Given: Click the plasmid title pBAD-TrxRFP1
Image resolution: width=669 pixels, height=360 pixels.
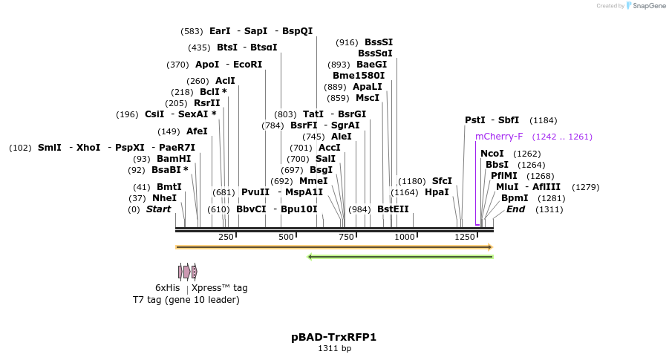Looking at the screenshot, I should (334, 337).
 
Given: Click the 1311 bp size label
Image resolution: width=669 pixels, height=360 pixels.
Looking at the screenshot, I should (334, 349).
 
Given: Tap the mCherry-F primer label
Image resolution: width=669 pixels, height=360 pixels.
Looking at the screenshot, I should (499, 137).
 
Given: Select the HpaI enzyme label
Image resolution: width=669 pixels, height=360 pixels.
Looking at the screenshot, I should (437, 192).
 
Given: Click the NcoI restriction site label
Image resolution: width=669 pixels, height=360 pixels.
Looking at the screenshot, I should (492, 154).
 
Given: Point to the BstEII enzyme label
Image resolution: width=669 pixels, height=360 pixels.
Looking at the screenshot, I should (393, 209).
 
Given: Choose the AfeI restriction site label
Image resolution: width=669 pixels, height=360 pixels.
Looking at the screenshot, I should (197, 131).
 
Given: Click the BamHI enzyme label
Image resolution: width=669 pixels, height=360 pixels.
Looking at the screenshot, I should (173, 159).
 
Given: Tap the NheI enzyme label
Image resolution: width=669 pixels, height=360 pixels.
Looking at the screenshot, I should (164, 198).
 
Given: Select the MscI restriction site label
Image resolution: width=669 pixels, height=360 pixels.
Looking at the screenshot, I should (367, 98).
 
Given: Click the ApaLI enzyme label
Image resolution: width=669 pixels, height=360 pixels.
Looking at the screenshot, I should (367, 87).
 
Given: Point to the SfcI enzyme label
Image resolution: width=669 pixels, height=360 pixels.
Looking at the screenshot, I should (442, 181).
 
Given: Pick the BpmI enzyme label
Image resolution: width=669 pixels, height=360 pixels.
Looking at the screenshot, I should (515, 198).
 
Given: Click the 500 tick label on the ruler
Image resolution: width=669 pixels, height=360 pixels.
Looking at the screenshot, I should (286, 237).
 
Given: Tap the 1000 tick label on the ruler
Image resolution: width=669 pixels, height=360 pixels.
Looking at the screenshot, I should (405, 237).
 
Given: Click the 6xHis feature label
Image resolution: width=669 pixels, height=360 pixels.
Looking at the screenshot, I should (167, 288).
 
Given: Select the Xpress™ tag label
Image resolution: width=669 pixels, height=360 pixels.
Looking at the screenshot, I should (220, 288).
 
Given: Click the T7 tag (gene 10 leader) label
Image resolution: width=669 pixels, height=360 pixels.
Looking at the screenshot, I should (186, 300).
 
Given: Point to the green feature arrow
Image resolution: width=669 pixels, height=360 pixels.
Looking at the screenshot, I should (400, 258).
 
